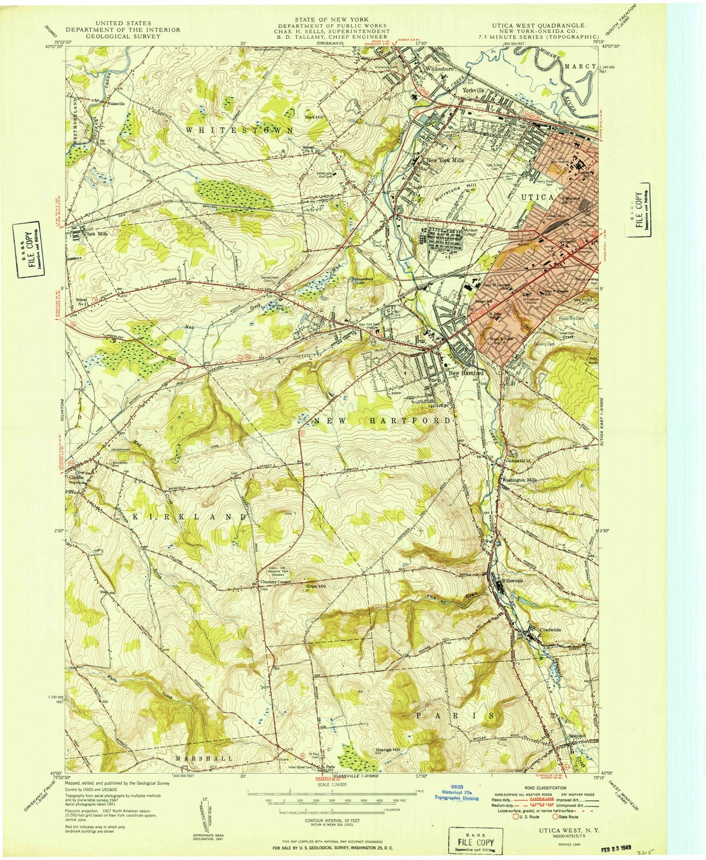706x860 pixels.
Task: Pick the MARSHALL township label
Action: click(204, 758)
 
